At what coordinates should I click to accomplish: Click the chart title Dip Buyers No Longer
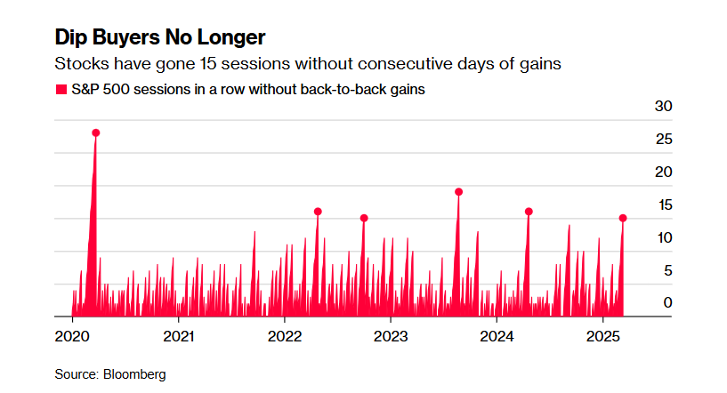[x=159, y=38]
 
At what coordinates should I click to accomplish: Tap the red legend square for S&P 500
[x=61, y=90]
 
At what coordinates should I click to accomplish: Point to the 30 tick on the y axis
[x=663, y=107]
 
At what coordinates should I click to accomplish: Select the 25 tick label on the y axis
[x=663, y=140]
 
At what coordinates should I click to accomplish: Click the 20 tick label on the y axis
[x=663, y=172]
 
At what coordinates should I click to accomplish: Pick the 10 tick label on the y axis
[x=663, y=237]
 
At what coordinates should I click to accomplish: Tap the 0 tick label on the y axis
[x=667, y=303]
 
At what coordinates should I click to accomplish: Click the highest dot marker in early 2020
[x=95, y=132]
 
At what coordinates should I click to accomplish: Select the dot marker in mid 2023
[x=458, y=192]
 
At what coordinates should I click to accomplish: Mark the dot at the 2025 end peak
[x=623, y=218]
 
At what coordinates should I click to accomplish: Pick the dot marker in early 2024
[x=529, y=212]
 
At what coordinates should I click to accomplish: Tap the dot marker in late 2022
[x=364, y=218]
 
